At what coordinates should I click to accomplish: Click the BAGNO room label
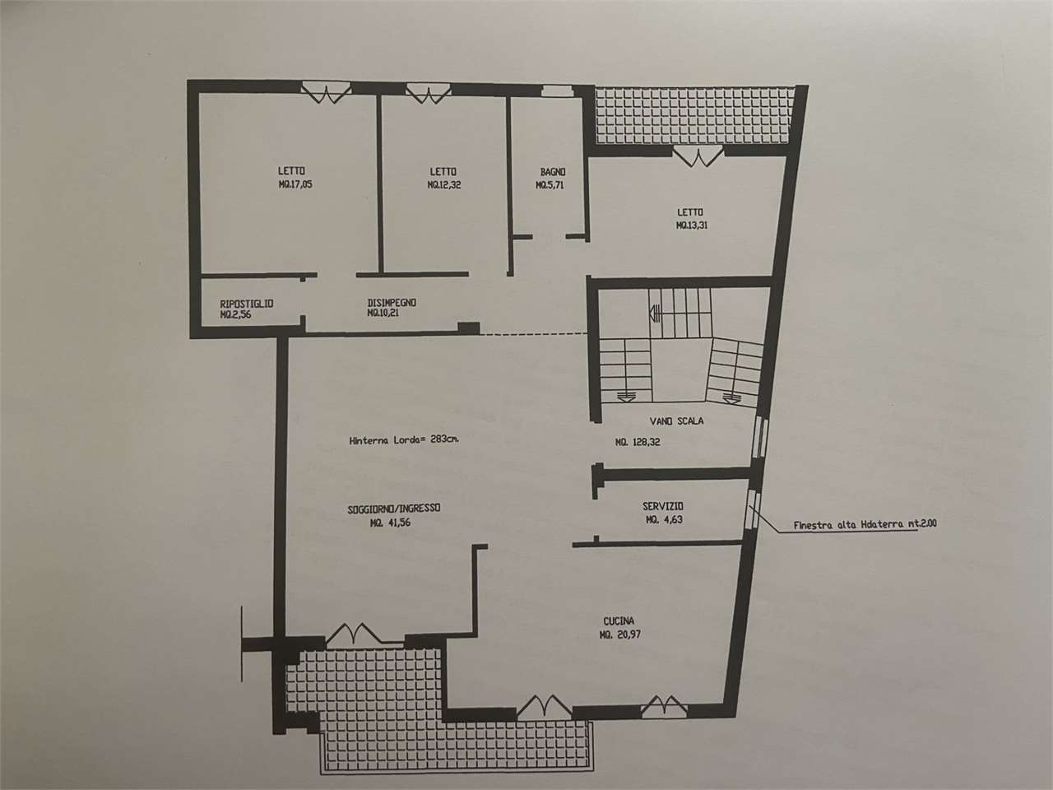click(553, 172)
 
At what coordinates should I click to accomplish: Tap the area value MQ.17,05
click(295, 184)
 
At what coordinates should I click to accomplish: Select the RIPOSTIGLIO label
click(247, 304)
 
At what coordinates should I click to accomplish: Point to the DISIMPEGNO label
click(392, 303)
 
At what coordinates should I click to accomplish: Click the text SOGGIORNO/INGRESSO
click(394, 509)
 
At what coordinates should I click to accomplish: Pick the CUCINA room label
click(619, 621)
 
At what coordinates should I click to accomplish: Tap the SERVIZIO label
click(663, 506)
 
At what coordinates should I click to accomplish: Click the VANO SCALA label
click(676, 421)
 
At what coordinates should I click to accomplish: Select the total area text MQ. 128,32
click(638, 442)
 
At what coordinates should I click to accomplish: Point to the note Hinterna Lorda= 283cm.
click(405, 439)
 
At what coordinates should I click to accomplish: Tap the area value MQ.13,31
click(691, 225)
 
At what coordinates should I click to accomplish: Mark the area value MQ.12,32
click(444, 184)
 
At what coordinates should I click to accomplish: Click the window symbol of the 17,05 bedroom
click(327, 92)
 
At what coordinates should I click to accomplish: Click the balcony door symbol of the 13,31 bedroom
click(698, 157)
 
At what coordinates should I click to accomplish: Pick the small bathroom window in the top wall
click(558, 91)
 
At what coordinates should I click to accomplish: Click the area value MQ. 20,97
click(619, 635)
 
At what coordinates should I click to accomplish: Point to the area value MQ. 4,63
click(664, 519)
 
